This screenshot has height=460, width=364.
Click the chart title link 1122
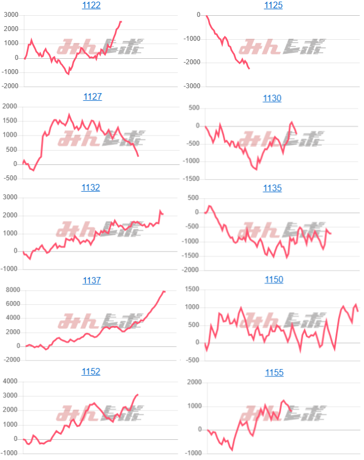coord(92,5)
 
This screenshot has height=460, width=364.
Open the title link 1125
coord(273,5)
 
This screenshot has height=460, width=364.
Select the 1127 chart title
coord(92,97)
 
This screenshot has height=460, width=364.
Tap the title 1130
coord(272,99)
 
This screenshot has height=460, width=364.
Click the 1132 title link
coord(91,188)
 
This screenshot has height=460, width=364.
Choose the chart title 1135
coord(272,188)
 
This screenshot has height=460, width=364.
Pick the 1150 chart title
coord(274,279)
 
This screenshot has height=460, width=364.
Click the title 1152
coord(91,371)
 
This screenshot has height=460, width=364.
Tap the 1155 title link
coord(274,373)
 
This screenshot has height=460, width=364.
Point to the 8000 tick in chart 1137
coord(11,290)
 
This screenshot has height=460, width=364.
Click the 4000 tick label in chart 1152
coord(11,381)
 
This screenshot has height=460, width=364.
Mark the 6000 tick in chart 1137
coord(11,304)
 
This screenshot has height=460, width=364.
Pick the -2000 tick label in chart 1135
coord(191,270)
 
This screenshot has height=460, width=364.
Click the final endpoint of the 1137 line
coord(165,292)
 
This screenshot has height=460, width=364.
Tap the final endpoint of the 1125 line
coord(249,69)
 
